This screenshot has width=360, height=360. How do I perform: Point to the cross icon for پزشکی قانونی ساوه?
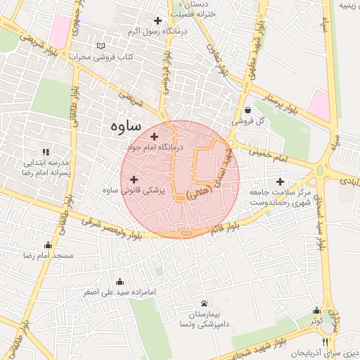pos(134,180)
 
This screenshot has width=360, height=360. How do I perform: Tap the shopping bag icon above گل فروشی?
pos(249,109)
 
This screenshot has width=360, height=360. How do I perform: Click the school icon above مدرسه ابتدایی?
pos(46,151)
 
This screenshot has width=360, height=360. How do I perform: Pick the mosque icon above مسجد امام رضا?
pos(48,245)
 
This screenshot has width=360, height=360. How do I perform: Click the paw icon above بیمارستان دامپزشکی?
pos(203,302)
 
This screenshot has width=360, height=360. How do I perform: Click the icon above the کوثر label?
pos(317,310)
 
